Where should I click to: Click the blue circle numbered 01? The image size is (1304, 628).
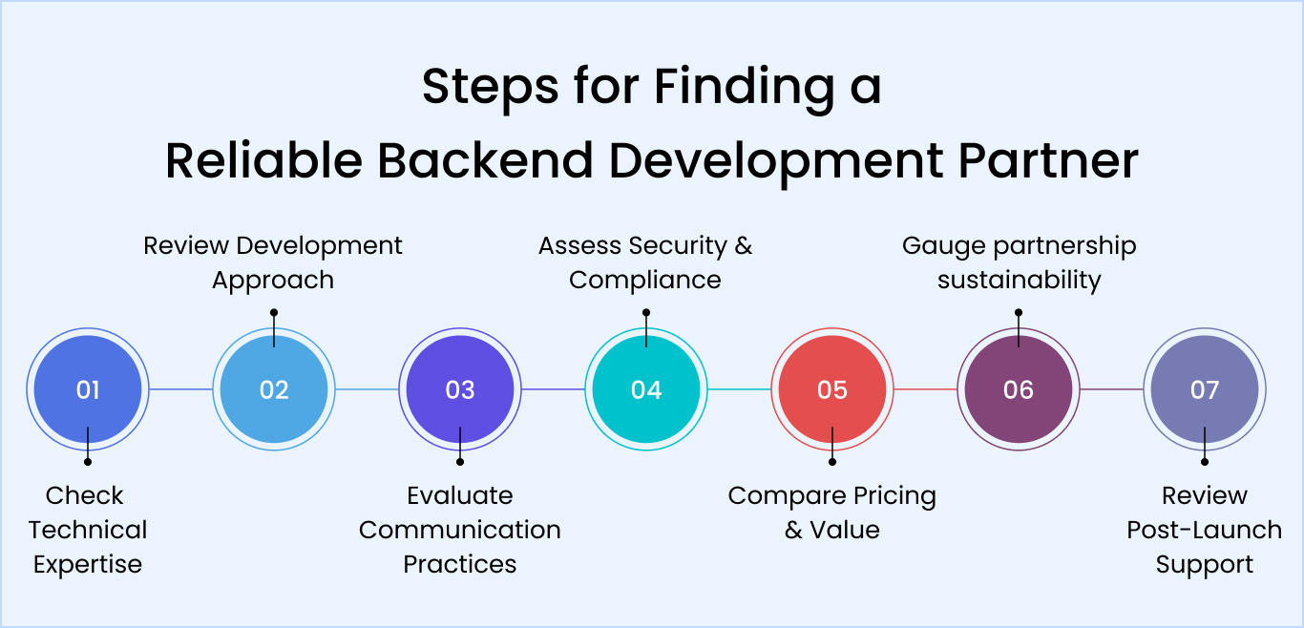pyautogui.click(x=88, y=389)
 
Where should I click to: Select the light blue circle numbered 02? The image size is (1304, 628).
pyautogui.click(x=274, y=389)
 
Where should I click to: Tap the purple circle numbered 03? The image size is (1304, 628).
pyautogui.click(x=460, y=389)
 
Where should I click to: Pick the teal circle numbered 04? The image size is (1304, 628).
pyautogui.click(x=646, y=389)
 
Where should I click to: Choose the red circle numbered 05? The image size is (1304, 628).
pyautogui.click(x=832, y=389)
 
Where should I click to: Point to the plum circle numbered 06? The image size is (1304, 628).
pyautogui.click(x=1019, y=389)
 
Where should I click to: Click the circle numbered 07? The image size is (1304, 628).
pyautogui.click(x=1205, y=389)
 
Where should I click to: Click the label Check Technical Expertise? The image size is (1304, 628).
pyautogui.click(x=88, y=530)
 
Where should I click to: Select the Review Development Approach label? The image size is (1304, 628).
pyautogui.click(x=273, y=262)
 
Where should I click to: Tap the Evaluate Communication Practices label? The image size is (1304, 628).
pyautogui.click(x=460, y=530)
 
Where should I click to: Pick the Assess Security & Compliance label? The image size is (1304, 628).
pyautogui.click(x=645, y=262)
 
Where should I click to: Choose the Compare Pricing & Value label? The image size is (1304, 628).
pyautogui.click(x=832, y=513)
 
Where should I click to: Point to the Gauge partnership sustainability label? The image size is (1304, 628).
pyautogui.click(x=1019, y=262)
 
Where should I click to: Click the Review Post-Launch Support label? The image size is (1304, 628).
pyautogui.click(x=1205, y=530)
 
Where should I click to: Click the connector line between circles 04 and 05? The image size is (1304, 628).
pyautogui.click(x=739, y=389)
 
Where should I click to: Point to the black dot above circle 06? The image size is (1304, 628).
pyautogui.click(x=1019, y=312)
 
